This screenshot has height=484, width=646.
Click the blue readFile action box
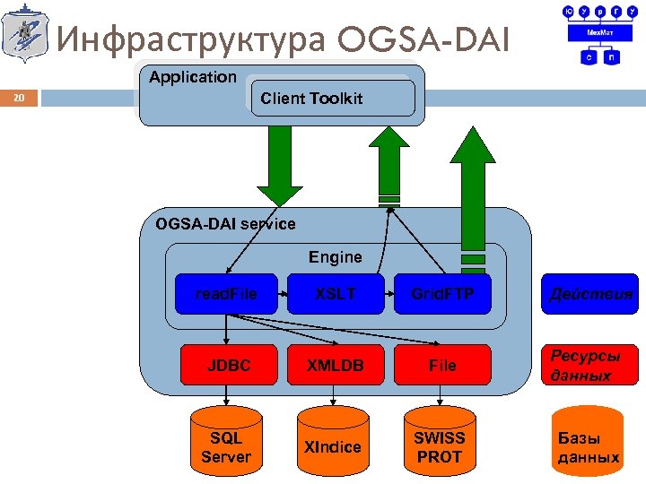(x=226, y=293)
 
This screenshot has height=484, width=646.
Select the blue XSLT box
(x=335, y=293)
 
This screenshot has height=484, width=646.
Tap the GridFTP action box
(x=442, y=293)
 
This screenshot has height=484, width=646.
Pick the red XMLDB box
(x=335, y=365)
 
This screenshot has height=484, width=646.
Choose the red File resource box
(x=442, y=365)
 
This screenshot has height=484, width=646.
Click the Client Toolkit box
(x=330, y=98)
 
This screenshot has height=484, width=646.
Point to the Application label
(x=193, y=77)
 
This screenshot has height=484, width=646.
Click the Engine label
(x=335, y=257)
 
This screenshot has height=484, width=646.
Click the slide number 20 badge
(x=20, y=98)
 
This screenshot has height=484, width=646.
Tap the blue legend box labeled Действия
(x=589, y=293)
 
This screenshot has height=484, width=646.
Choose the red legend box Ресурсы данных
(x=589, y=365)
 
